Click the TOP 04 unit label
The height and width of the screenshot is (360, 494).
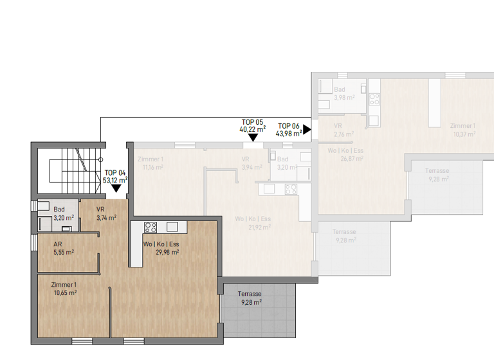click(115, 173)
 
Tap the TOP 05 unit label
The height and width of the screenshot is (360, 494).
click(253, 122)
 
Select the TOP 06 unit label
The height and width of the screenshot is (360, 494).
click(289, 126)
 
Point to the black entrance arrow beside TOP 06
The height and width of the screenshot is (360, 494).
click(307, 129)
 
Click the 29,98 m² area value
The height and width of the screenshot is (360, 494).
click(166, 252)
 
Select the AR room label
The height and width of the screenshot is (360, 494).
click(59, 245)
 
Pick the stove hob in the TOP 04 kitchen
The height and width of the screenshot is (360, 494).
click(151, 227)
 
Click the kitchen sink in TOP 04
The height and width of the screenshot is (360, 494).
click(172, 227)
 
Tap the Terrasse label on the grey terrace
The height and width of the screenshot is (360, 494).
click(252, 294)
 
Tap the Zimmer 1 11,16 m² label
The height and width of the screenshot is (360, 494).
click(152, 163)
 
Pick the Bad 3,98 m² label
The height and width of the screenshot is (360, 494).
click(339, 93)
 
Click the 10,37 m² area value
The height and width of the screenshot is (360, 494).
click(464, 134)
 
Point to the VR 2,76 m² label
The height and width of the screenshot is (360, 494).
click(341, 130)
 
